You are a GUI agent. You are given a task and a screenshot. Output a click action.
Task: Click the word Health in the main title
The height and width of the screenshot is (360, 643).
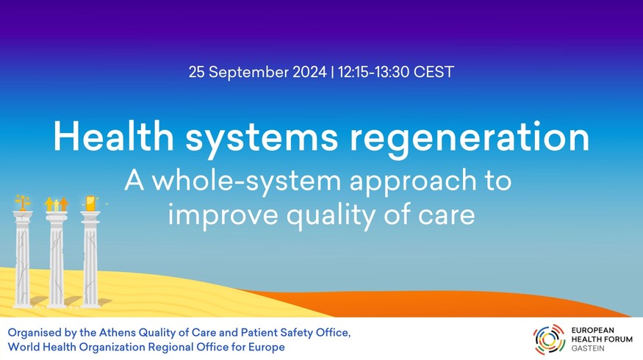(114, 137)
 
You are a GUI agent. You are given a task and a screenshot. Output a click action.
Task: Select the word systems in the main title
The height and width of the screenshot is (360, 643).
(262, 140)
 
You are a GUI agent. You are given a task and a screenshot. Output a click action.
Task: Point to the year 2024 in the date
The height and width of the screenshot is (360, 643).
(309, 72)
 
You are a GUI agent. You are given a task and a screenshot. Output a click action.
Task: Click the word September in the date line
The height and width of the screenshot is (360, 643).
(249, 73)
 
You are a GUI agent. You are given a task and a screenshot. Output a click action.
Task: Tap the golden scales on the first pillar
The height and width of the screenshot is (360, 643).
(23, 203)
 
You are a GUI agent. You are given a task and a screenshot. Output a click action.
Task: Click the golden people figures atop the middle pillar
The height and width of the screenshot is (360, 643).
(56, 204)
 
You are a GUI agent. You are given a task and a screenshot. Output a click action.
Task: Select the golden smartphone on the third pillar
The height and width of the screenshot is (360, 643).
(90, 203)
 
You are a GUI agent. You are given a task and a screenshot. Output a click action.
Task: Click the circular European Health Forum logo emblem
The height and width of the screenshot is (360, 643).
(549, 339)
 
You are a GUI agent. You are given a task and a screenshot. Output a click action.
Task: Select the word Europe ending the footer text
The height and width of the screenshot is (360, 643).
(266, 348)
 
